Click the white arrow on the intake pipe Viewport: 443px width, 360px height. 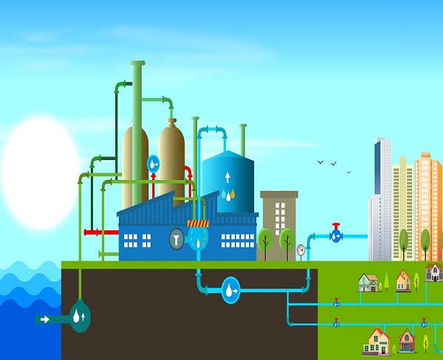pyautogui.click(x=44, y=319)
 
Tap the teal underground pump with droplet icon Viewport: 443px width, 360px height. pyautogui.click(x=80, y=316)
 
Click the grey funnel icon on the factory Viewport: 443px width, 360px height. pyautogui.click(x=177, y=238)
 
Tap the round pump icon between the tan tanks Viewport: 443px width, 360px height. pyautogui.click(x=154, y=163)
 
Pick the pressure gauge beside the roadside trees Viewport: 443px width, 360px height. pyautogui.click(x=301, y=250)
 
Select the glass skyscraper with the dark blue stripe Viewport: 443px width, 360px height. pyautogui.click(x=381, y=199)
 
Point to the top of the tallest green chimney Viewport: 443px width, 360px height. pyautogui.click(x=137, y=63)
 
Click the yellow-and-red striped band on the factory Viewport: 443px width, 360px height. pyautogui.click(x=198, y=223)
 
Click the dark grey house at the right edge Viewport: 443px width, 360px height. pyautogui.click(x=434, y=273)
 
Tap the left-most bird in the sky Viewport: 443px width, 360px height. pyautogui.click(x=320, y=162)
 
